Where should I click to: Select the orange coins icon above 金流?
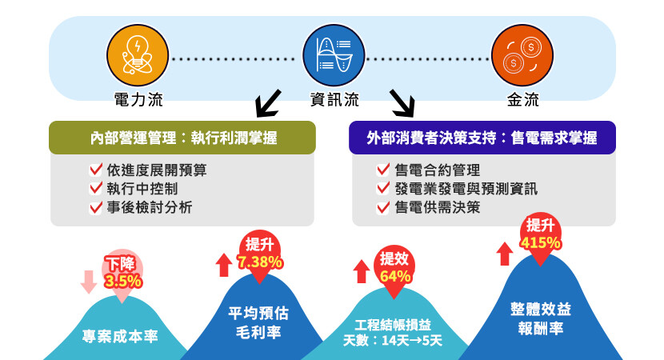pyautogui.click(x=522, y=58)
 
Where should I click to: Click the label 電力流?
pyautogui.click(x=138, y=101)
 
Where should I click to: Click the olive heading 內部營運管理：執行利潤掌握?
pyautogui.click(x=183, y=138)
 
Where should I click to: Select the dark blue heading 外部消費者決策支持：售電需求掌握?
pyautogui.click(x=482, y=138)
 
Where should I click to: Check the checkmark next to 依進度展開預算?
pyautogui.click(x=96, y=170)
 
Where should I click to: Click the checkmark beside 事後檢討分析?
pyautogui.click(x=96, y=208)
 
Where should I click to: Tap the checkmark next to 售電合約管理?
pyautogui.click(x=382, y=170)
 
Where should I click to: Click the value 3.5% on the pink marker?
pyautogui.click(x=123, y=281)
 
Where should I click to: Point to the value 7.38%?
pyautogui.click(x=259, y=261)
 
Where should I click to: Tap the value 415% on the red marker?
pyautogui.click(x=540, y=242)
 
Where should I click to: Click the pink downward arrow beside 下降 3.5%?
pyautogui.click(x=89, y=281)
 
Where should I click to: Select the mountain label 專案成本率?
pyautogui.click(x=120, y=337)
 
